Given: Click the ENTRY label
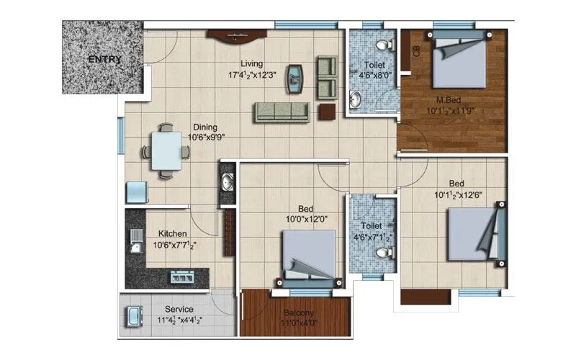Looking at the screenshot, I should tap(105, 59).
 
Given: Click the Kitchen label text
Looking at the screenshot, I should tap(173, 234).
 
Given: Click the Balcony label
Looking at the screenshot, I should tap(297, 312).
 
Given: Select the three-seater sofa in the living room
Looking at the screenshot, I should tap(281, 112).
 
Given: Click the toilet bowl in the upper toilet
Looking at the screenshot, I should tap(387, 45).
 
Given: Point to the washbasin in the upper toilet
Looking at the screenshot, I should tap(355, 98).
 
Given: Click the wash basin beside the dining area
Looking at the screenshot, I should tap(228, 180).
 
